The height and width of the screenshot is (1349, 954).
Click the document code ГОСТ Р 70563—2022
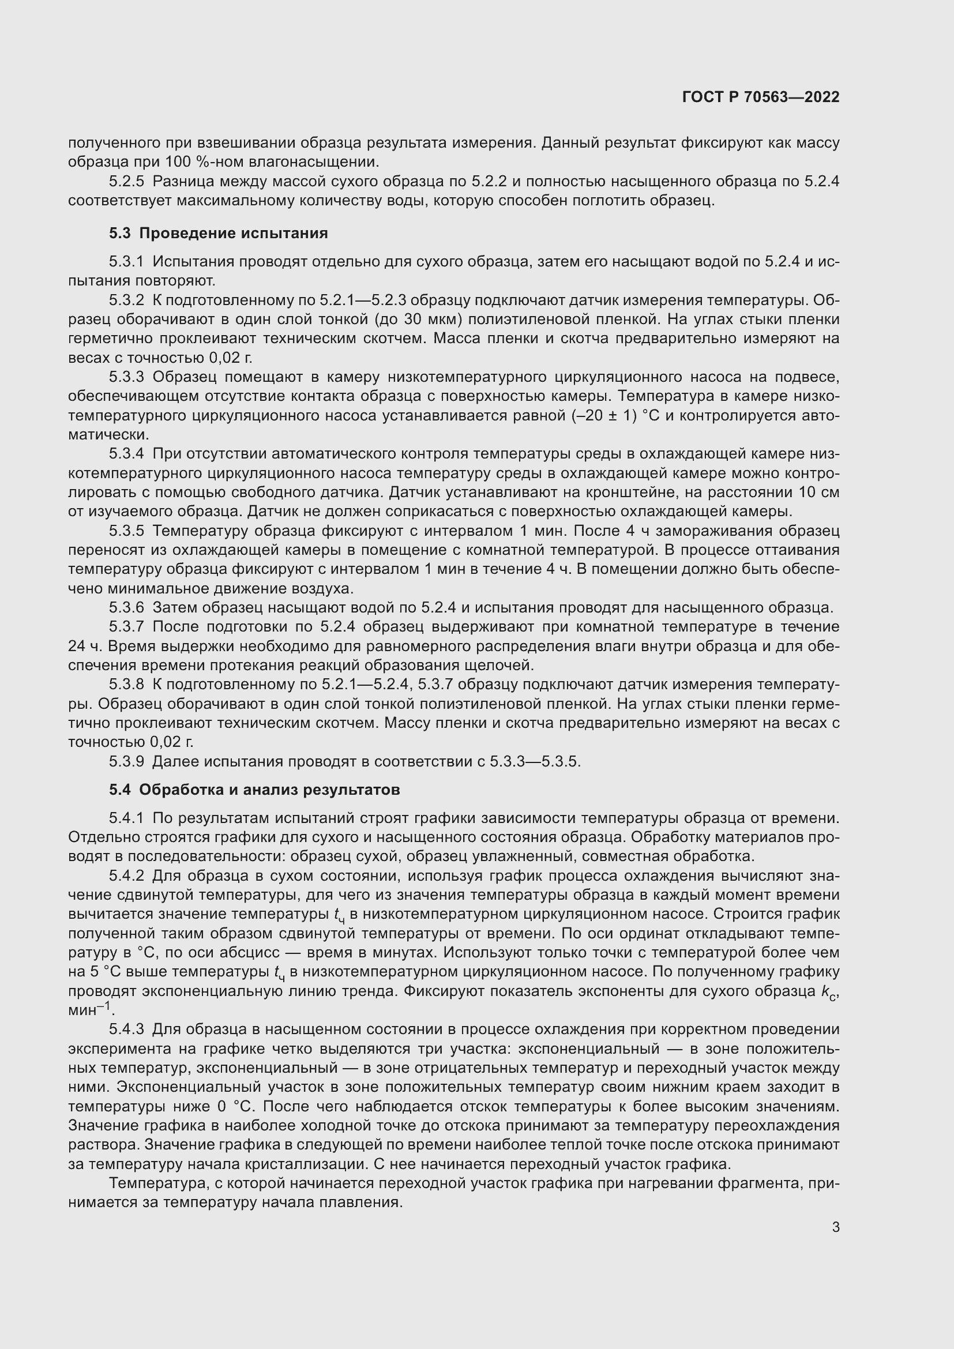coord(761,97)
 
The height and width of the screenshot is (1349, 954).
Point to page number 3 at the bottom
coord(835,1227)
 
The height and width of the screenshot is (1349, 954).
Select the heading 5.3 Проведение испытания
coord(218,233)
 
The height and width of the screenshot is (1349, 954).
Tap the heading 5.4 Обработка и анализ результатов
coord(254,790)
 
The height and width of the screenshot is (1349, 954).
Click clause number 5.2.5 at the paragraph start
coord(126,182)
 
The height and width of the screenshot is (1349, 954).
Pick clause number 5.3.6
coord(126,607)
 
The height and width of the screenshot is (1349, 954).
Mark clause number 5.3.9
coord(126,761)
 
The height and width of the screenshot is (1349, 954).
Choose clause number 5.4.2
coord(126,876)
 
